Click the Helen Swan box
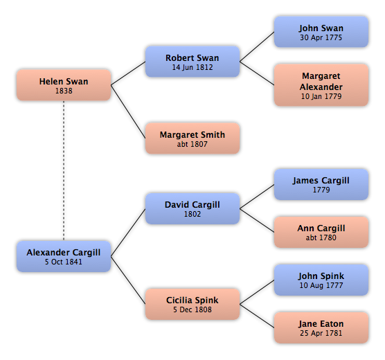(64, 85)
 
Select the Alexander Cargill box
(64, 256)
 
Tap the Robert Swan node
(192, 62)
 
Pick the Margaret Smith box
(192, 138)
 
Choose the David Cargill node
(192, 209)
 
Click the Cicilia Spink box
(192, 304)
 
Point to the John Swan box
(321, 32)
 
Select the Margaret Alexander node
(321, 85)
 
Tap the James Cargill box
(321, 184)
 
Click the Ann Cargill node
(321, 233)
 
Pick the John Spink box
(321, 280)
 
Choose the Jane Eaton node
(321, 328)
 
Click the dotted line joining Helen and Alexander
(64, 171)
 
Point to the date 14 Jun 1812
(192, 67)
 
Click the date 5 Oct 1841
(63, 262)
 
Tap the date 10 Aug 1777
(321, 285)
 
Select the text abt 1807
(192, 144)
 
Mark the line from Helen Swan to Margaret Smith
(128, 111)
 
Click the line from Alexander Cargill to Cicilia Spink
(128, 280)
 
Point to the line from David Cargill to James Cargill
(257, 197)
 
